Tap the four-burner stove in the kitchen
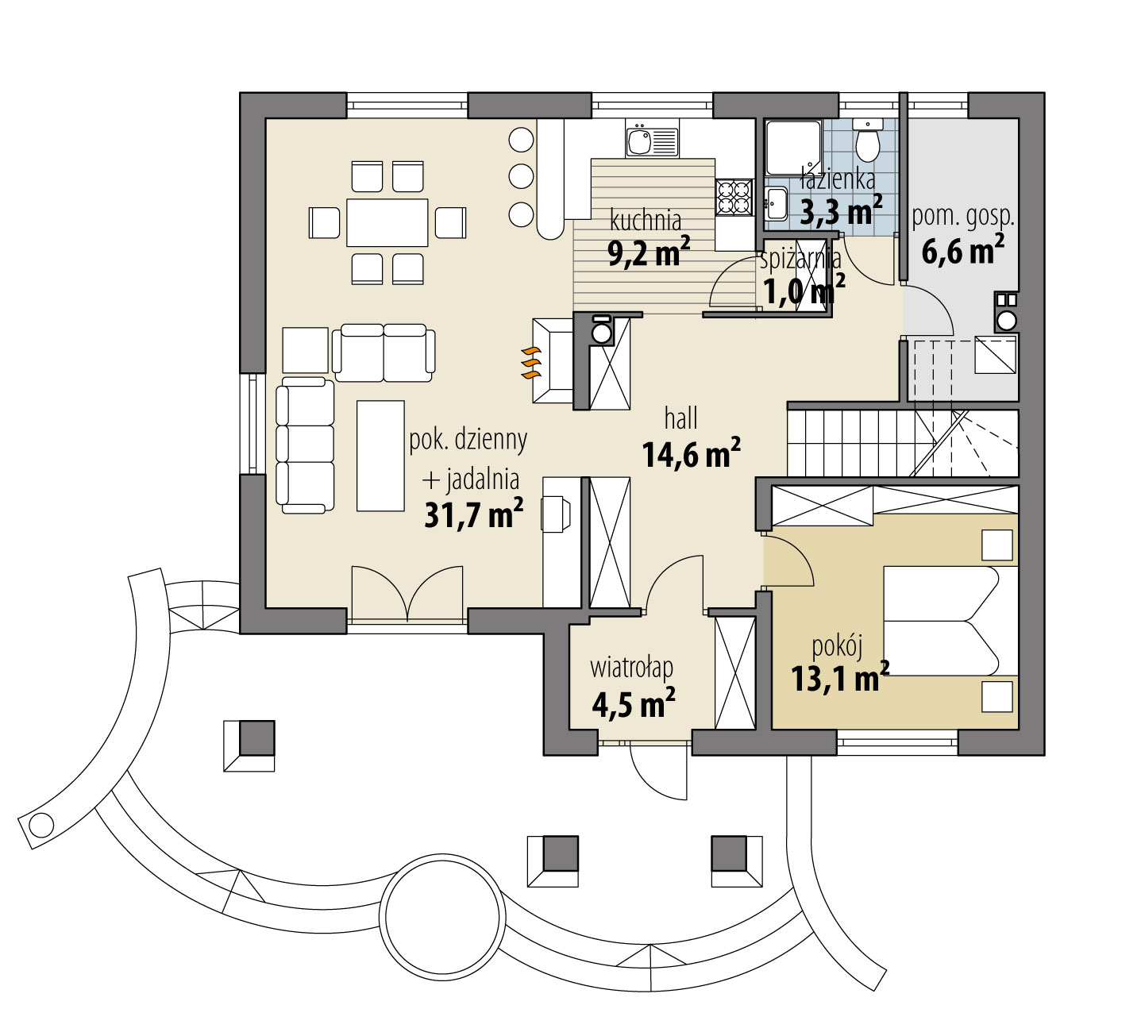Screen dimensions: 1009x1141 click(734, 198)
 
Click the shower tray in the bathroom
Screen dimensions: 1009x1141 click(792, 147)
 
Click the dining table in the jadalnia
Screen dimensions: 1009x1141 click(387, 222)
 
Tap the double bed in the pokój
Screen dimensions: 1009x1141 click(950, 621)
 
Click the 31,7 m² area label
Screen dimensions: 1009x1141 click(473, 514)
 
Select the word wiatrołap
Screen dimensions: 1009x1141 click(632, 668)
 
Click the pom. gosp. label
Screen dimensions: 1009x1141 click(962, 217)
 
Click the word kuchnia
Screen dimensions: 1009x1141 click(646, 219)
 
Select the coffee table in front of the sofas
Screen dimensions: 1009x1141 click(380, 455)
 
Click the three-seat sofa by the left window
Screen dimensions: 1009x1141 click(306, 445)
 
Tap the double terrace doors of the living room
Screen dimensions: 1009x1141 click(407, 592)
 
